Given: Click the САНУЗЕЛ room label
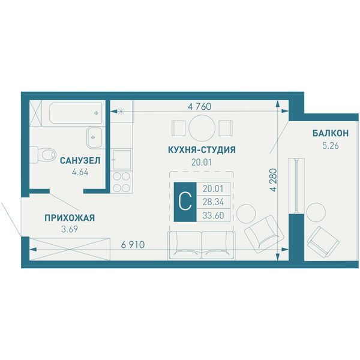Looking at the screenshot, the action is tap(80, 160).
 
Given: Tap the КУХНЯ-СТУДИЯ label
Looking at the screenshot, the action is tap(202, 149).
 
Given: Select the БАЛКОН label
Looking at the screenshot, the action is tap(331, 133).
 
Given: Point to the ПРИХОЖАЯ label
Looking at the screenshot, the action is tap(70, 218).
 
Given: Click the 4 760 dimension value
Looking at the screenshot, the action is tap(199, 107).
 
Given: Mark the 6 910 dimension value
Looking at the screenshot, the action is tap(133, 245).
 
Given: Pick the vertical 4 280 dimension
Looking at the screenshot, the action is tap(273, 180).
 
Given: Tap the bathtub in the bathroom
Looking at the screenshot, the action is tap(76, 113).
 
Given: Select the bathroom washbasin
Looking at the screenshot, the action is tap(94, 137).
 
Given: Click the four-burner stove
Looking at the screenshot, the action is tap(121, 182).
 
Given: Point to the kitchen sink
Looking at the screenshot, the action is tap(121, 159).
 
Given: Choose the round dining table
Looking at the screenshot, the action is tap(202, 128).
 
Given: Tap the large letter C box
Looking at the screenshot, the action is tap(185, 202).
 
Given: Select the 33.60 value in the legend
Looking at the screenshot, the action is tap(213, 215).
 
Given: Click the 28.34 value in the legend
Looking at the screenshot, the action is tap(213, 202).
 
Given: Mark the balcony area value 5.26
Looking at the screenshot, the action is tap(331, 146).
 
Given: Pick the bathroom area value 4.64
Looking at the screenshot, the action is tap(80, 172).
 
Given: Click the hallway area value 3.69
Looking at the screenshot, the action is tap(70, 229).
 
